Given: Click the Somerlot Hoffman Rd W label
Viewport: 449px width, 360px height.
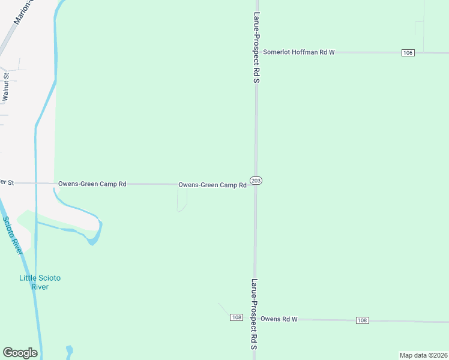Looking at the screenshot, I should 298,53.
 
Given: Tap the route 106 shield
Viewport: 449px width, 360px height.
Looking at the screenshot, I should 408,53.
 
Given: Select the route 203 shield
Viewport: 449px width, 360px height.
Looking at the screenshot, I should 256,181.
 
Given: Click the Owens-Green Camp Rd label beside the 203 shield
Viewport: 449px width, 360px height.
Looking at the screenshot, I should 212,185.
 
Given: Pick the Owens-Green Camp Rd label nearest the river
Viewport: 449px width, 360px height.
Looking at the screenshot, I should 92,184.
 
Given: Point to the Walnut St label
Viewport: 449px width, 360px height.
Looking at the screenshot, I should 5,86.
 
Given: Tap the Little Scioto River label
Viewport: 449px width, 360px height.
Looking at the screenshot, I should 40,282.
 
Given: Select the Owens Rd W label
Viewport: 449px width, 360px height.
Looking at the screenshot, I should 279,319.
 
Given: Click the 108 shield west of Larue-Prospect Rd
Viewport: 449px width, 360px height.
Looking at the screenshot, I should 236,317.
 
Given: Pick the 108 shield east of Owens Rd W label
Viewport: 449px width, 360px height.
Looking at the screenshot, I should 362,320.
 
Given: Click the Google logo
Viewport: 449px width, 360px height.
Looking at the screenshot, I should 20,353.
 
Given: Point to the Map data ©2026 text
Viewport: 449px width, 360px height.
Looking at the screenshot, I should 423,355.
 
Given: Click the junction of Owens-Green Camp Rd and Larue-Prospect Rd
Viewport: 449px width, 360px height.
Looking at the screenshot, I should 256,184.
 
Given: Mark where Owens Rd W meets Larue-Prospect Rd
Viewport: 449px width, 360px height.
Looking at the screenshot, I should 255,319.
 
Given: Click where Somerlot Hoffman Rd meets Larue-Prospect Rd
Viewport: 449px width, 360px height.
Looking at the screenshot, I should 256,53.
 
